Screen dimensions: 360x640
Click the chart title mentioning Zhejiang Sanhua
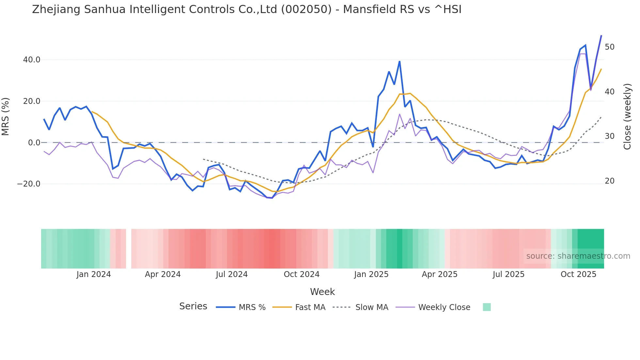click(247, 9)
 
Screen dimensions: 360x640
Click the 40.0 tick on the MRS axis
click(32, 60)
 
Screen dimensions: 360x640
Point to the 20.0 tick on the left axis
click(32, 101)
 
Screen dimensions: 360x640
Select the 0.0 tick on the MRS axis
click(34, 143)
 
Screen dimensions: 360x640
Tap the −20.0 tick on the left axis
click(29, 184)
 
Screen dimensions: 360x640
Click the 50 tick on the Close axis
click(609, 47)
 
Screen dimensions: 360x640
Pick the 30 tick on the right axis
click(609, 136)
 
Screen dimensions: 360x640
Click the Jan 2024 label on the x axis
click(94, 274)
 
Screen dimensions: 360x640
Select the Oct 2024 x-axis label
click(301, 274)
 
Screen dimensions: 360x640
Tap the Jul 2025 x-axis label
click(508, 274)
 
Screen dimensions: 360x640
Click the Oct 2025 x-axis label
click(578, 274)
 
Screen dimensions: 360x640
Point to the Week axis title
click(322, 292)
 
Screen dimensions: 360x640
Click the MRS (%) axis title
click(6, 117)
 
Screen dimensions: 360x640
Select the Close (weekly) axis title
click(627, 117)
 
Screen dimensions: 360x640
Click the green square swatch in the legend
click(487, 307)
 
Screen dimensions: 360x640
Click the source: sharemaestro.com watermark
click(578, 256)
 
